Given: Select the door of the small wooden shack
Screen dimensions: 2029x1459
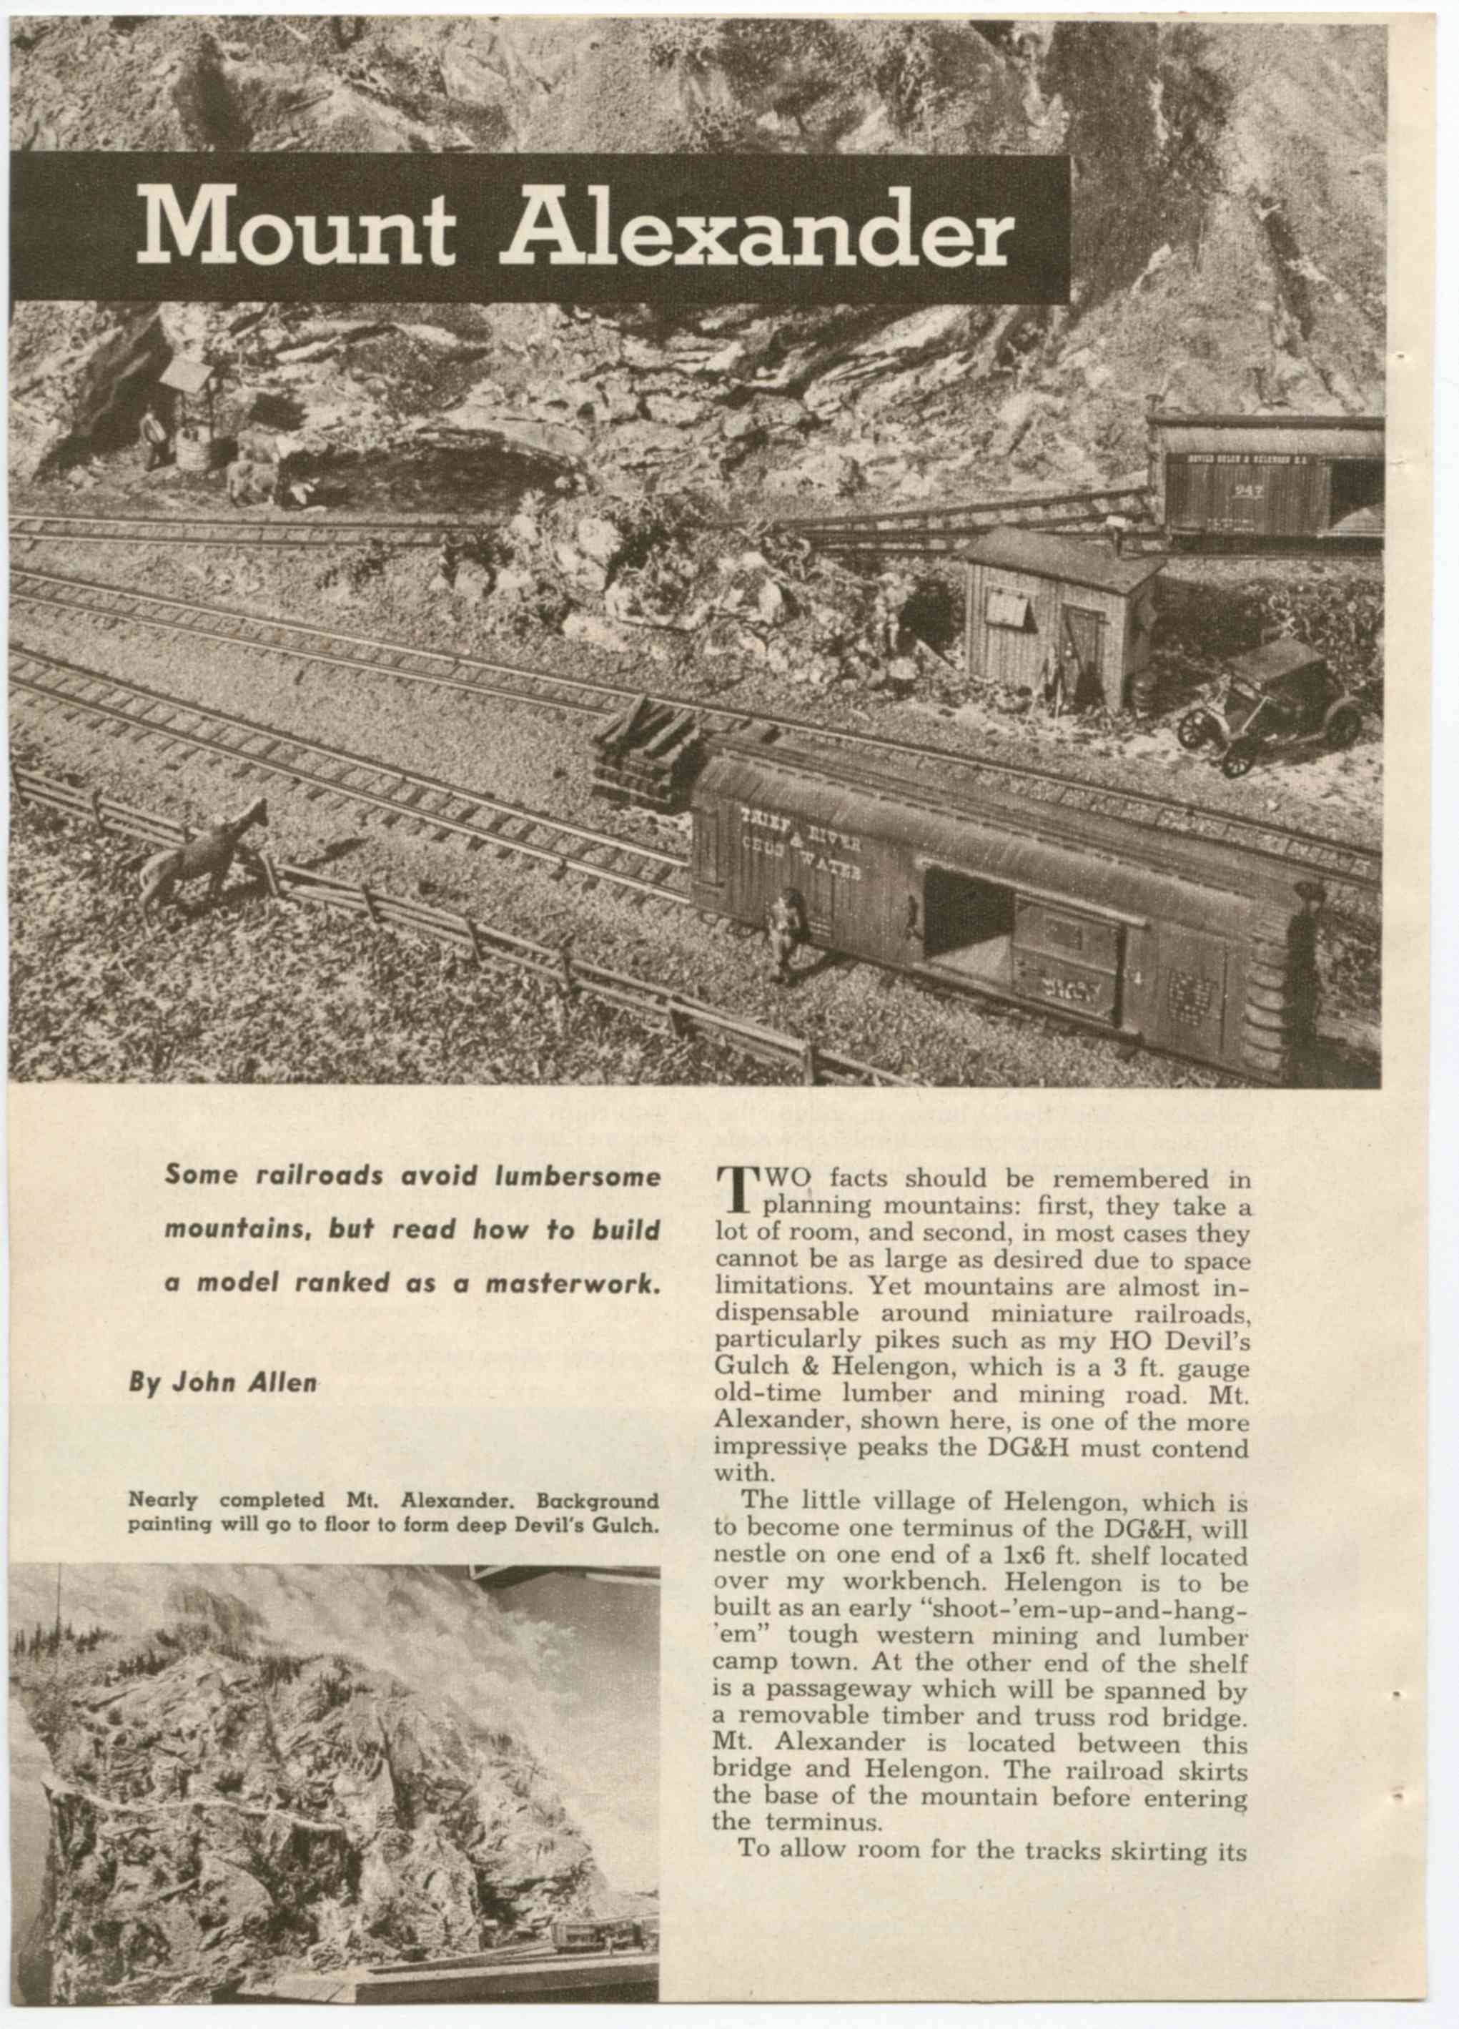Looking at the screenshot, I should (x=1084, y=647).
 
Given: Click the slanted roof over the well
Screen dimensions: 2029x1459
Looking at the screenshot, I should (x=187, y=376).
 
